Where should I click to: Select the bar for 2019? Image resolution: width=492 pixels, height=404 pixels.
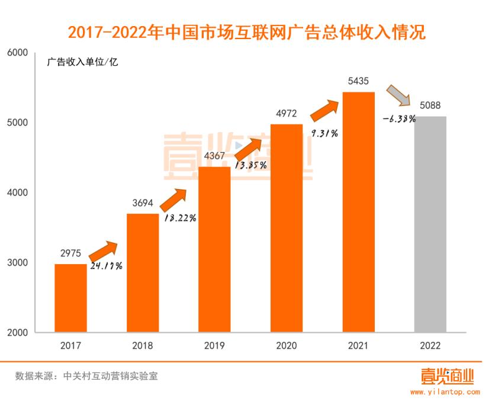pos(214,249)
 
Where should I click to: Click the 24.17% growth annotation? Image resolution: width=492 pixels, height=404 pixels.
pos(107,266)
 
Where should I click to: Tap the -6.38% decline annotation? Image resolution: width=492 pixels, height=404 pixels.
pos(399,118)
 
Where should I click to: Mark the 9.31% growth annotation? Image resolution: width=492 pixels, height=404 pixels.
pos(324,133)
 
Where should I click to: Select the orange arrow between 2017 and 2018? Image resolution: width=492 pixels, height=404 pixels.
pos(104,250)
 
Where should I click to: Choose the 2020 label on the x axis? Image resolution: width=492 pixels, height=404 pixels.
pos(286,345)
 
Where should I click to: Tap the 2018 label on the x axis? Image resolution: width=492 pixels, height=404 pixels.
pos(143,345)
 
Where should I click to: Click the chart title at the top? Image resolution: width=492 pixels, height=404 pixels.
pos(246,31)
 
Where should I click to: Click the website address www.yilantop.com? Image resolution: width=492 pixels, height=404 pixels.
pos(444,392)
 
